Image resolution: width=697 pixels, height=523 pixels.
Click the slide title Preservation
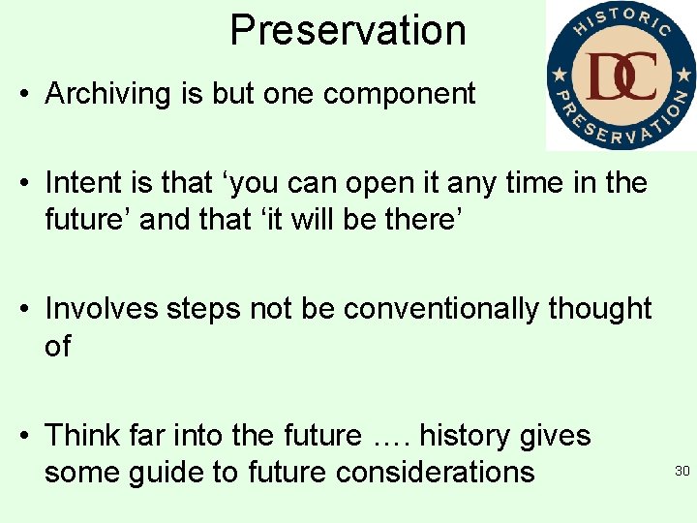click(x=348, y=30)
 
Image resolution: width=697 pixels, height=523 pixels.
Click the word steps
click(x=204, y=310)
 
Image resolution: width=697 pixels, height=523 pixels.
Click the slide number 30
click(x=682, y=472)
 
